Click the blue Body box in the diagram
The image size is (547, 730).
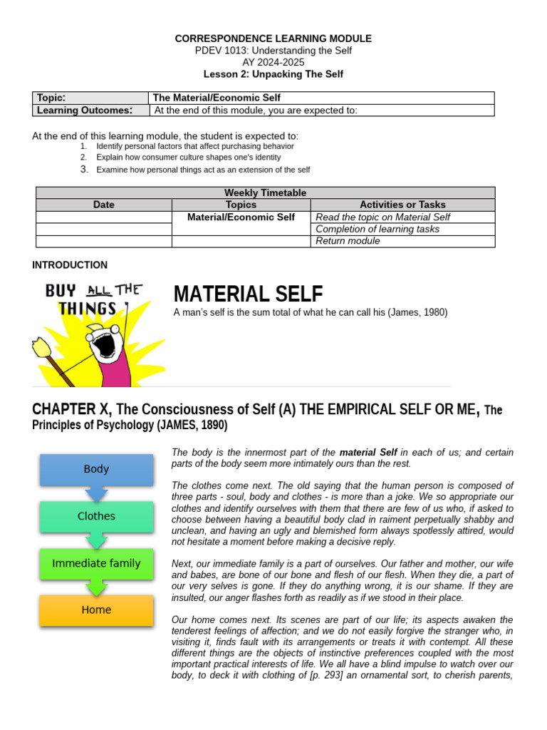tap(96, 470)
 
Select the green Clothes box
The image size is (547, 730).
tap(96, 516)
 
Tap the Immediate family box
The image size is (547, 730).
tap(96, 563)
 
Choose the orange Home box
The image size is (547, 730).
tap(96, 610)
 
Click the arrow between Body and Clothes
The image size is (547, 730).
tap(96, 493)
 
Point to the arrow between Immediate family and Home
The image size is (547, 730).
tap(96, 587)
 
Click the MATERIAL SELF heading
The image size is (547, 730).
tap(248, 294)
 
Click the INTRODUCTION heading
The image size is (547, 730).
tap(70, 265)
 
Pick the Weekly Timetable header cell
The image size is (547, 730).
tap(265, 193)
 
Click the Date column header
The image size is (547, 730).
tap(103, 205)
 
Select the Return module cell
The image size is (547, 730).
tap(348, 241)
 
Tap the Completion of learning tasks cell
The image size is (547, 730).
tap(377, 229)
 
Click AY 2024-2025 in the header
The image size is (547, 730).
tap(273, 62)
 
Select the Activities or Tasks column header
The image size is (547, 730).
tap(402, 205)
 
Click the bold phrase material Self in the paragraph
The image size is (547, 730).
tap(368, 453)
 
